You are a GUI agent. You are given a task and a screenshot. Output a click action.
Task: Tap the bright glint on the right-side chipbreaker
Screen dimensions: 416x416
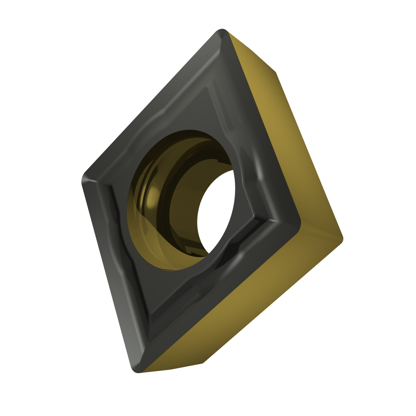pyautogui.click(x=259, y=175)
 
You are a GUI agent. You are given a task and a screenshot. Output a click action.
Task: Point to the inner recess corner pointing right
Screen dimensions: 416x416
pyautogui.click(x=254, y=219)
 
